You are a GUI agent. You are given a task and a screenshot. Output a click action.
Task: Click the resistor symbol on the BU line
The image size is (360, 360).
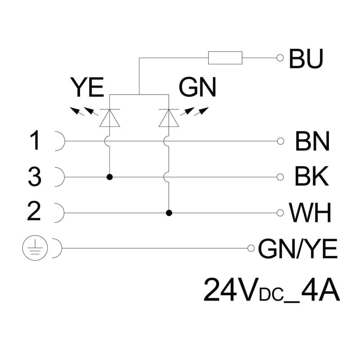pos(225,58)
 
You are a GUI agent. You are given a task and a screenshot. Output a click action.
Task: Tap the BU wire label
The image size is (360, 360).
pos(306,58)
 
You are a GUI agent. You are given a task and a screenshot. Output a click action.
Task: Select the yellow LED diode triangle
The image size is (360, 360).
pos(109,118)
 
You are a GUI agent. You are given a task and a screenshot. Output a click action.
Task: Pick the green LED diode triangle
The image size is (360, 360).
pos(169,118)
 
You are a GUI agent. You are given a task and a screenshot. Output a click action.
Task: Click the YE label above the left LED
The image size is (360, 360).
pos(87,87)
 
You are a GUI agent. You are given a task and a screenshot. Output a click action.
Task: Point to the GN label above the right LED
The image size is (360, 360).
pos(198,87)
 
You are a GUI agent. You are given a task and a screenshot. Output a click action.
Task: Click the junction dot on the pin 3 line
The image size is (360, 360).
pos(110,177)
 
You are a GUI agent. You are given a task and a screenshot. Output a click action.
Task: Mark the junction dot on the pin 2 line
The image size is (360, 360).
pos(169,213)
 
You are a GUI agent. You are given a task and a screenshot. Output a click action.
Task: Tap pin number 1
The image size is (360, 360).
pos(35,140)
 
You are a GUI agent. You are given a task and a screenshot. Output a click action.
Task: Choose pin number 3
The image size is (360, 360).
pos(35,176)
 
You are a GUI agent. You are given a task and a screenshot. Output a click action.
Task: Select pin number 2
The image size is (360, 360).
pos(34,211)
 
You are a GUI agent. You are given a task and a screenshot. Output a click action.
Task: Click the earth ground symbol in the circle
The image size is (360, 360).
pos(35,248)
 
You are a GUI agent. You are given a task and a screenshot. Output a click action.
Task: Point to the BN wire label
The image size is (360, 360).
pos(312,141)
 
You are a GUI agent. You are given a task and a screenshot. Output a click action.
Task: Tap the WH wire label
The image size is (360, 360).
pos(310,212)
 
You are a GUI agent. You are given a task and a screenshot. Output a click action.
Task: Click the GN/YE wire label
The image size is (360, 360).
pos(298,248)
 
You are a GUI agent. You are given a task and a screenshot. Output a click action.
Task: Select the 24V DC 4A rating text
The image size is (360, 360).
pos(271,290)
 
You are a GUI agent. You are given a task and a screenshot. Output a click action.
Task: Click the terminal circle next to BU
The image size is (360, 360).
pos(280,58)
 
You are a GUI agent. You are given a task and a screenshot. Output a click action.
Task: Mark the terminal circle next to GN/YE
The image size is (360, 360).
pos(251,248)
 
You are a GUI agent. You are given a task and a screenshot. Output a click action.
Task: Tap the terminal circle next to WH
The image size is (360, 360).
pos(280,213)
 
